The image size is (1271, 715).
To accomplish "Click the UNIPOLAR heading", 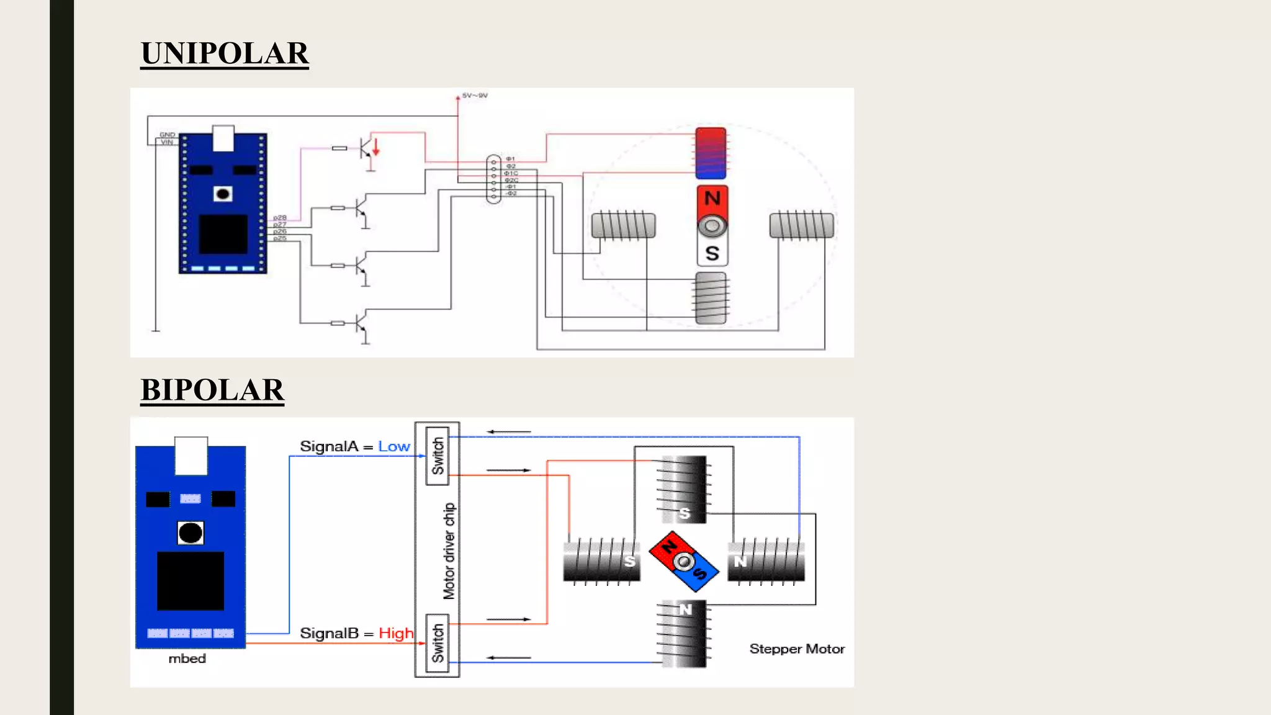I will point(224,53).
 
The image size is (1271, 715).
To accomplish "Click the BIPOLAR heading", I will point(212,390).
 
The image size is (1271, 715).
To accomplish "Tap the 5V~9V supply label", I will point(475,96).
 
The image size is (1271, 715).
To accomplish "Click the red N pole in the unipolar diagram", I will point(712,199).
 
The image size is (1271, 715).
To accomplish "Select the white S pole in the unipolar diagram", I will point(712,253).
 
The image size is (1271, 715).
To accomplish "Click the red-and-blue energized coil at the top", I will point(711,153).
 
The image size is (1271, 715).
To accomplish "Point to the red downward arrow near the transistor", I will point(375,148).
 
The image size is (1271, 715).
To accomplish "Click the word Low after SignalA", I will point(394,447).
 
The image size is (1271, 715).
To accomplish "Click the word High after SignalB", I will point(395,634).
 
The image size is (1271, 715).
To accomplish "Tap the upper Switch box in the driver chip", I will point(438,456).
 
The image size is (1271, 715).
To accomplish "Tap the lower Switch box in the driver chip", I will point(438,643).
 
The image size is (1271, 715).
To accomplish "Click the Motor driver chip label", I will point(449,551).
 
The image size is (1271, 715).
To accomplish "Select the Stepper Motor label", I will point(797,649).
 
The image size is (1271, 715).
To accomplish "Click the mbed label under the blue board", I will point(187,659).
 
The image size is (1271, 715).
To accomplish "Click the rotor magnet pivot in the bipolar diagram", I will point(684,562).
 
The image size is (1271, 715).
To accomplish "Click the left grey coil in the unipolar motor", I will point(623,225).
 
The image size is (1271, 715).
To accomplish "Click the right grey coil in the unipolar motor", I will point(801,225).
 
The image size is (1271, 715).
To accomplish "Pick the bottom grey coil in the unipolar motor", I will point(711,298).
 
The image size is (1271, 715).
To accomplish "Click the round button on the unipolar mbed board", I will point(223,194).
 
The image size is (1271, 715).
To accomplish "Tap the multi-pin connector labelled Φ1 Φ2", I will point(493,179).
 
